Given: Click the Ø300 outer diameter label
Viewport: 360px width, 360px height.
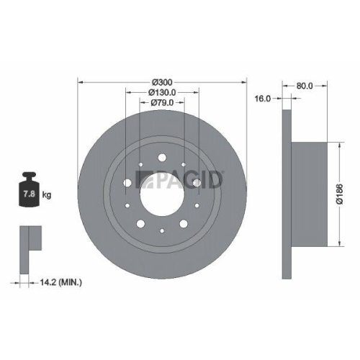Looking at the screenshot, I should [163, 81].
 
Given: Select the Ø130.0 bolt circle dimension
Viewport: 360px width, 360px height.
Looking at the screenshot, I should [163, 92].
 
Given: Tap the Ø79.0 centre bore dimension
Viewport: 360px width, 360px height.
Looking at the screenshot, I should [163, 103].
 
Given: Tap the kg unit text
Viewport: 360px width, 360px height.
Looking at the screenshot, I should [46, 194].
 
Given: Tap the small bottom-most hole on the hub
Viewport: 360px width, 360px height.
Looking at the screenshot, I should [163, 230].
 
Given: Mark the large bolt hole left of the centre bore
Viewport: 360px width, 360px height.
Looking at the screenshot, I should [128, 184].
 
